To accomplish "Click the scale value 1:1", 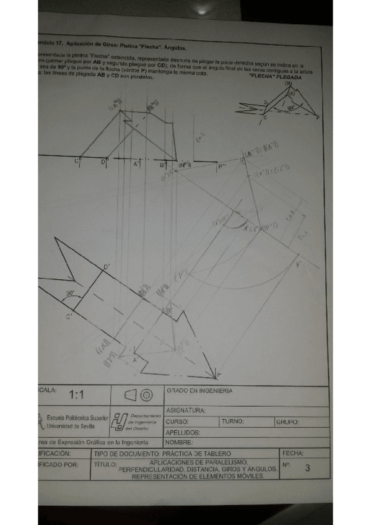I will point(77,394).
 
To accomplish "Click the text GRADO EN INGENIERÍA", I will point(199,391).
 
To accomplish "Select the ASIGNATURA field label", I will point(186,410).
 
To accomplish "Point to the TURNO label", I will point(233,421).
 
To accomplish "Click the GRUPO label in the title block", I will point(287,422).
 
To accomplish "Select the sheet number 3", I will point(307,469).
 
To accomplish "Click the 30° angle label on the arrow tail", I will point(71,294).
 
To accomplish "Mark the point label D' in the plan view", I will point(107,267).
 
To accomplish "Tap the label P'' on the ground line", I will point(222,166).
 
